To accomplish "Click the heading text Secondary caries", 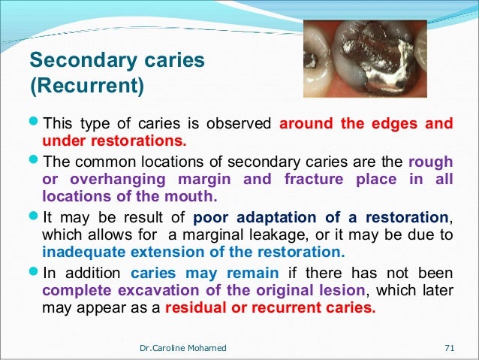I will [116, 60].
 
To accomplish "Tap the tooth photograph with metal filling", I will [364, 59].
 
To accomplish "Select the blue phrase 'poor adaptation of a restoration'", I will [331, 218].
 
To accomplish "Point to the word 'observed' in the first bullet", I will [244, 124].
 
